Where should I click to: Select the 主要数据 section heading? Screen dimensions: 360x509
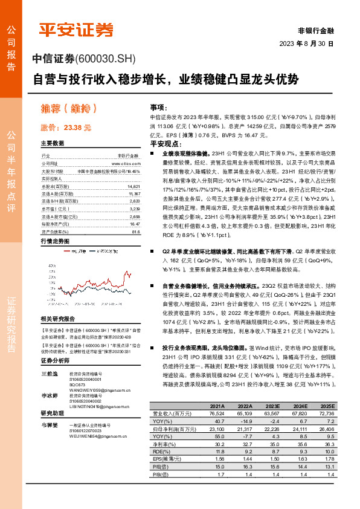click(53, 143)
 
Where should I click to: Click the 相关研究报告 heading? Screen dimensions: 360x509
click(57, 319)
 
